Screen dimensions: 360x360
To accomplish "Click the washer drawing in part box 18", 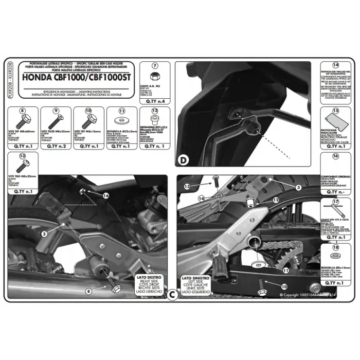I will tap(335, 259).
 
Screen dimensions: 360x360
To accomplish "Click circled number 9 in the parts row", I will tap(56, 111).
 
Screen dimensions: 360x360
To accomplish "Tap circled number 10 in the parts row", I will tap(89, 111).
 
